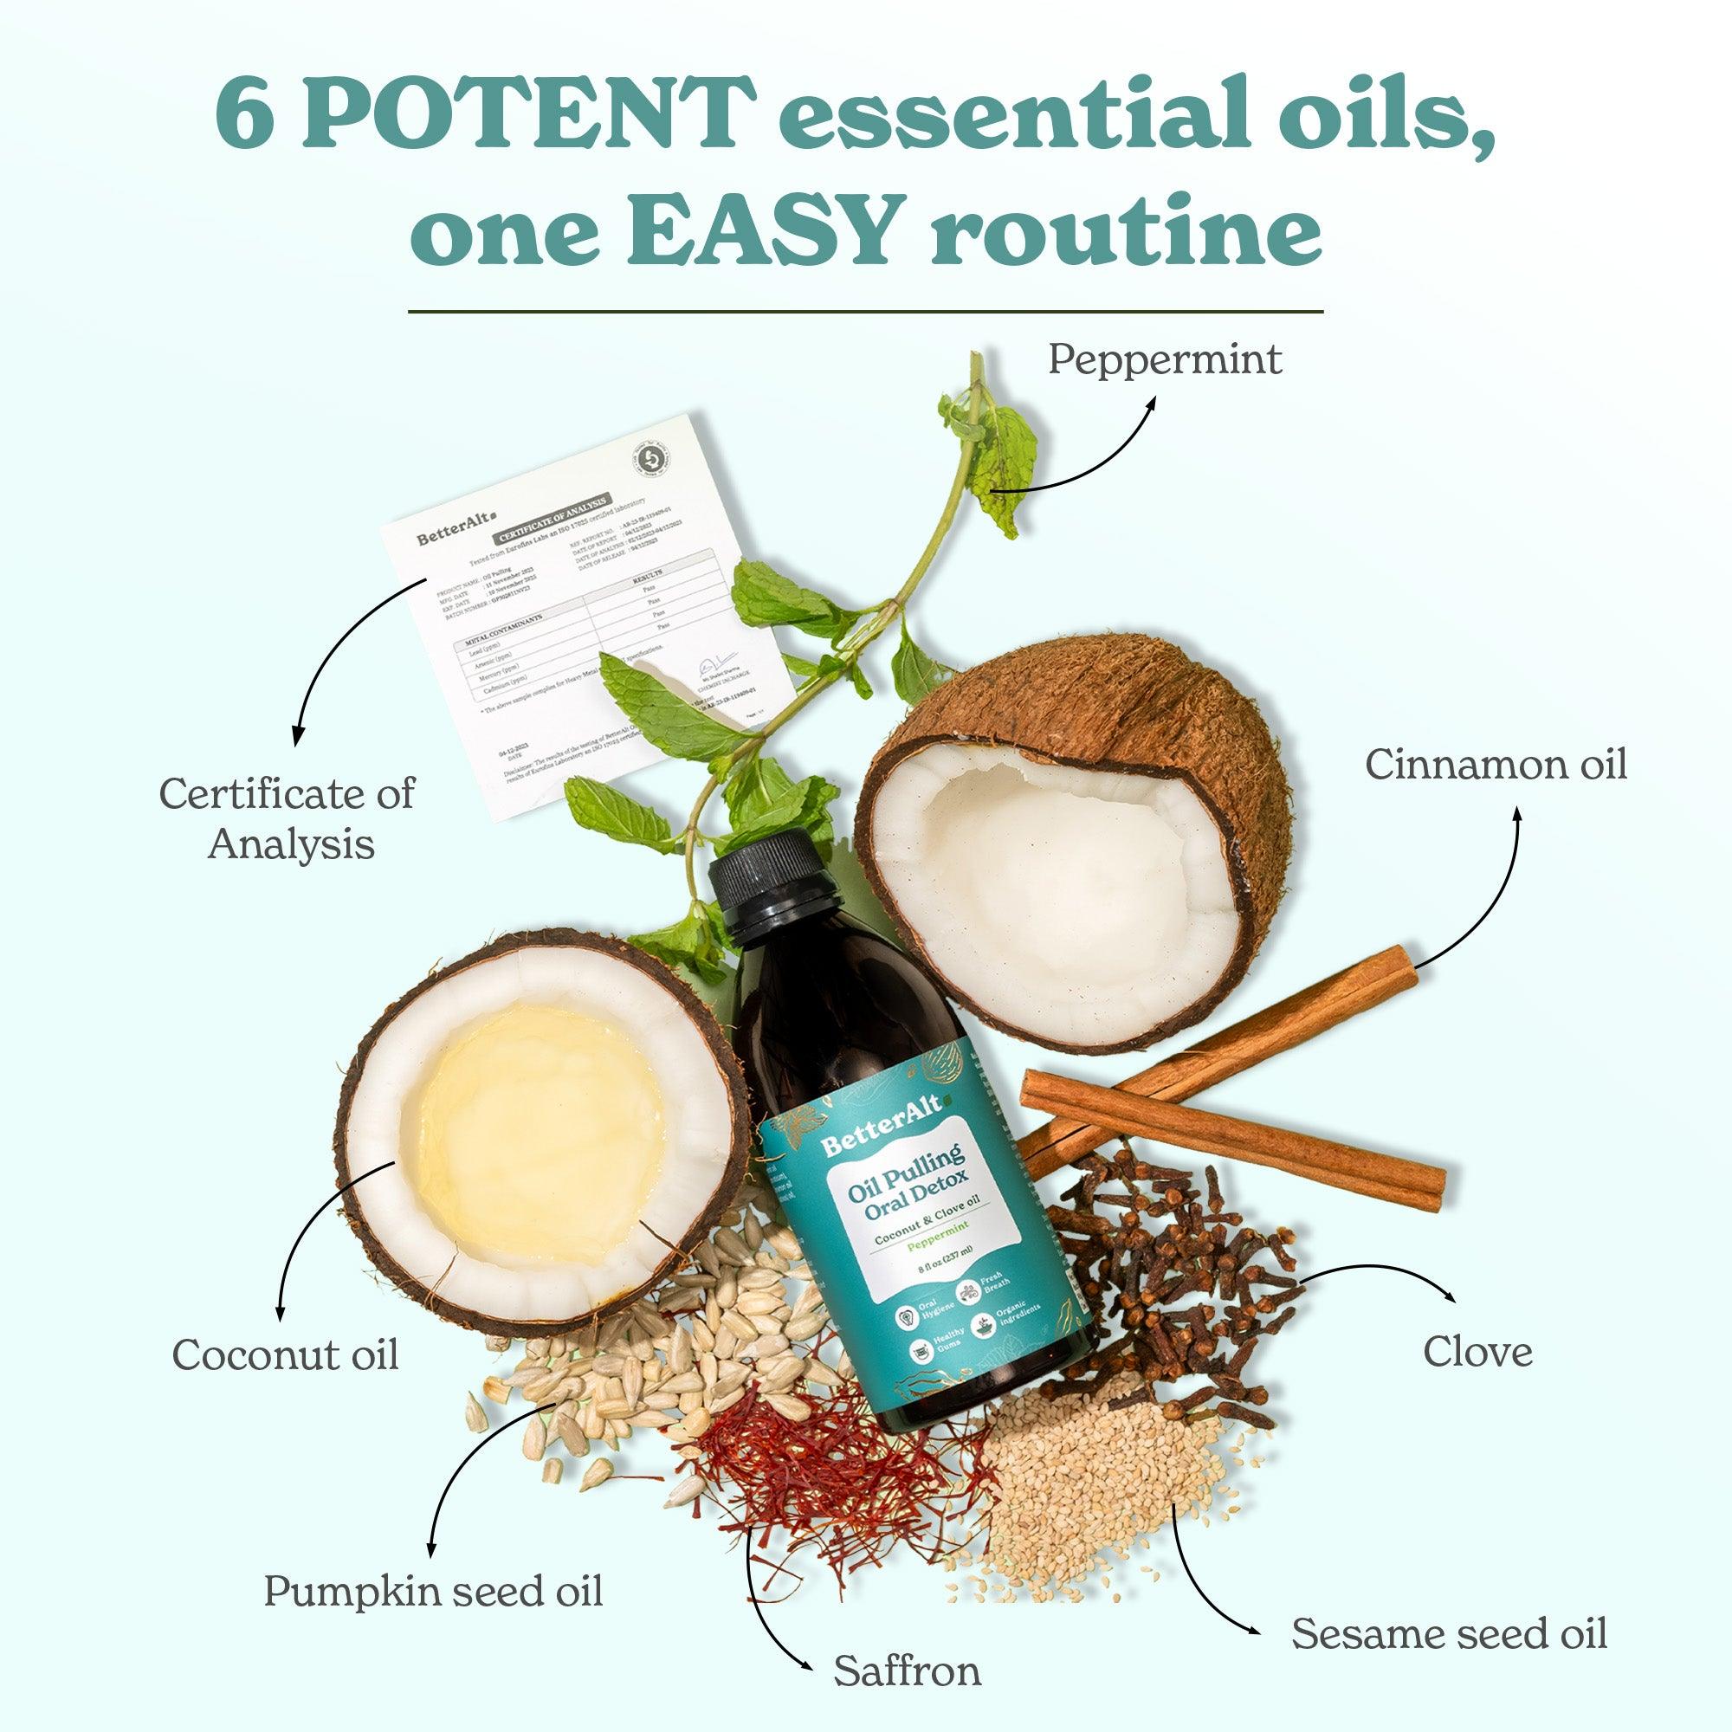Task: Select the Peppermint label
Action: [x=1165, y=360]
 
